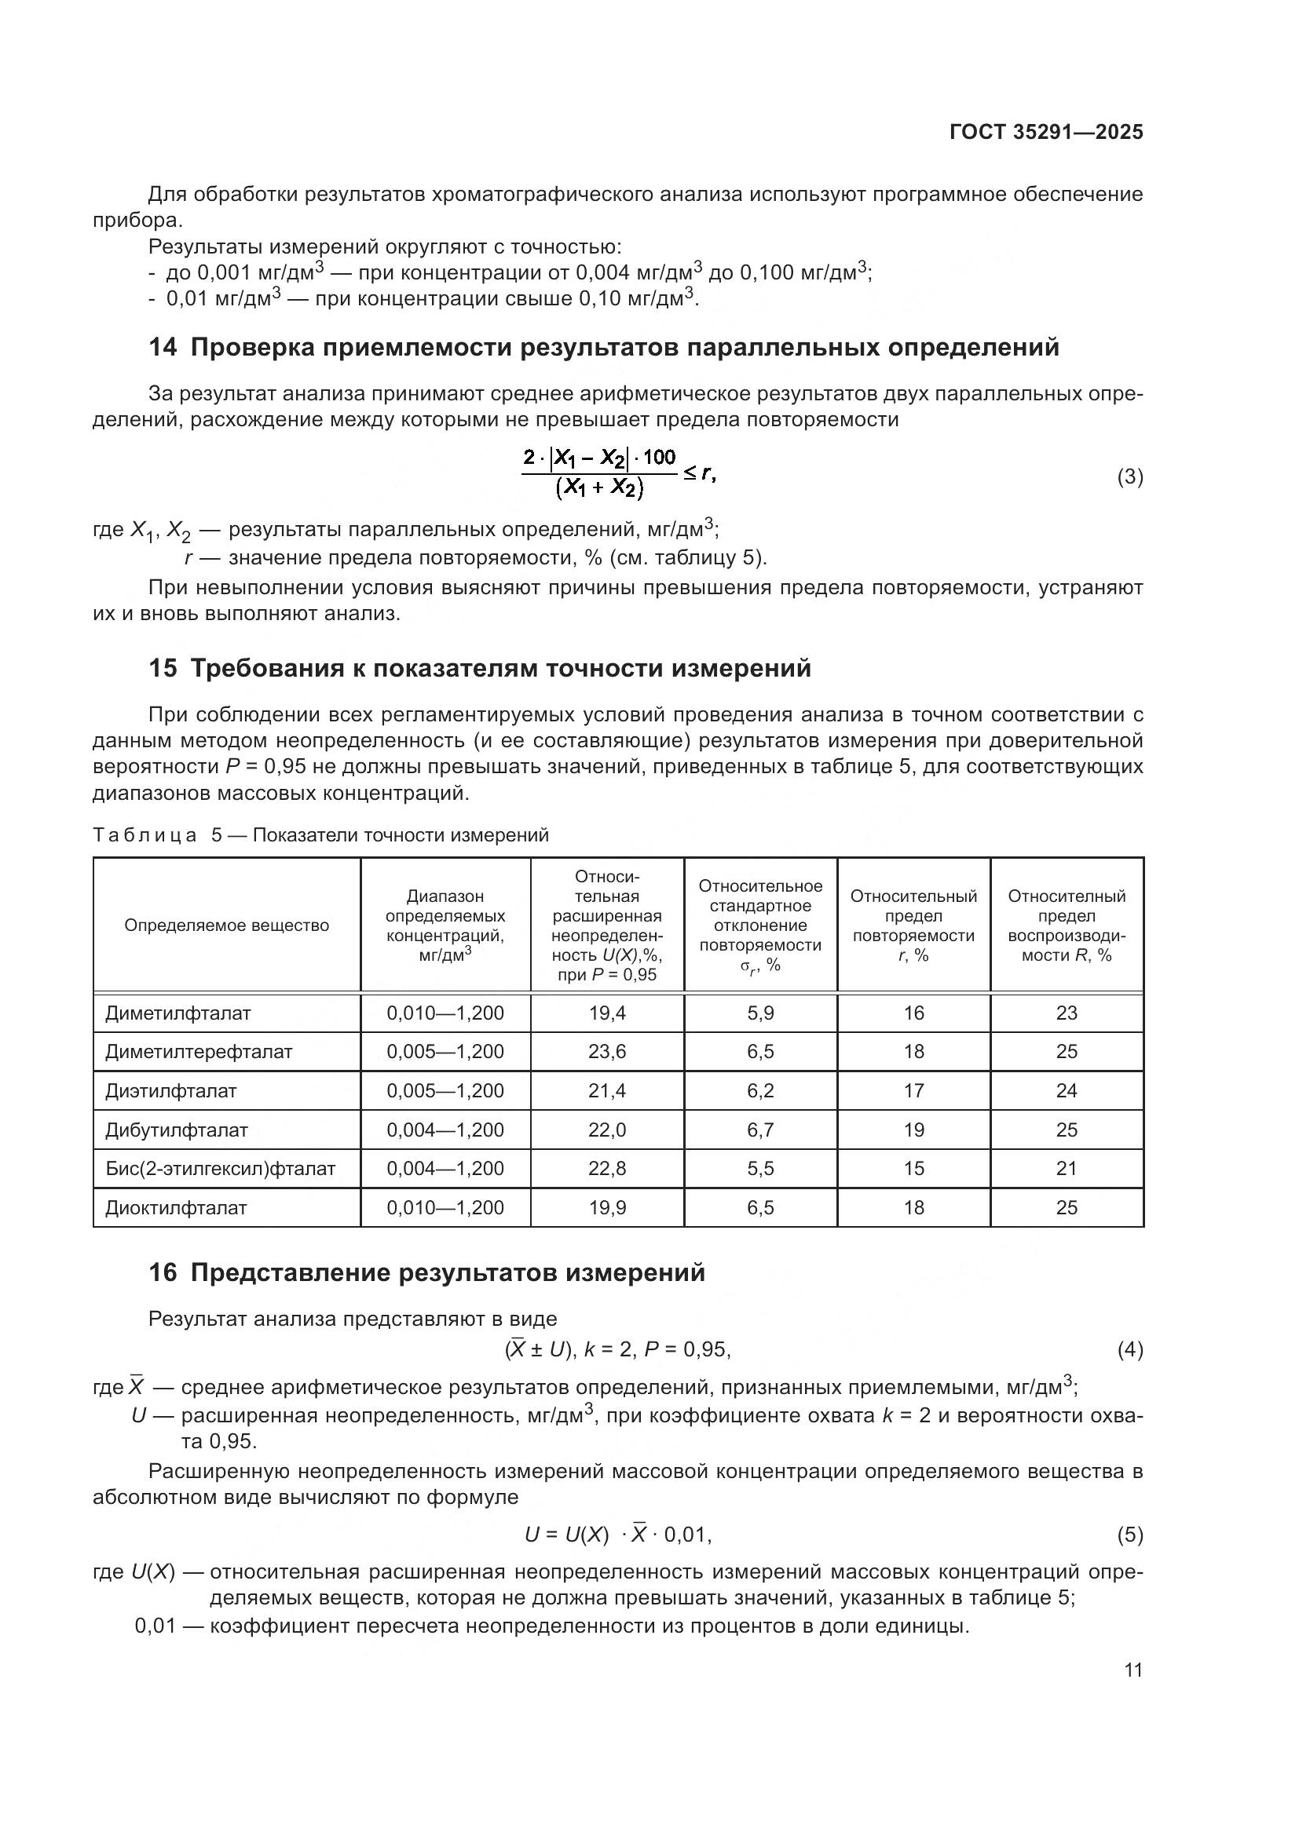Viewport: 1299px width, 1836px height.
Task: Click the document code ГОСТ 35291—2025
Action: pyautogui.click(x=1046, y=132)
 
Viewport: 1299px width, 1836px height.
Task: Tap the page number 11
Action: pyautogui.click(x=1133, y=1670)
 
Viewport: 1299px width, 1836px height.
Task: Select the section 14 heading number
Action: pyautogui.click(x=163, y=348)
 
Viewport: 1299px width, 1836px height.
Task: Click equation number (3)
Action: pyautogui.click(x=1129, y=477)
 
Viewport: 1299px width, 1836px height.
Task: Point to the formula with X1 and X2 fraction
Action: pyautogui.click(x=617, y=473)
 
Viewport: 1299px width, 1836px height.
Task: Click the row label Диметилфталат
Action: pyautogui.click(x=177, y=1013)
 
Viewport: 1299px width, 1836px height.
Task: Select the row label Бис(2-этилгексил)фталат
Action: pyautogui.click(x=220, y=1168)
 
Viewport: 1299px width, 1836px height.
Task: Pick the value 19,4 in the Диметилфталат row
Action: pyautogui.click(x=607, y=1013)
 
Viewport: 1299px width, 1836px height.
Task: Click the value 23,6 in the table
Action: pyautogui.click(x=607, y=1052)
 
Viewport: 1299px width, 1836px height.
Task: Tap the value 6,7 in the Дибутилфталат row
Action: pyautogui.click(x=760, y=1130)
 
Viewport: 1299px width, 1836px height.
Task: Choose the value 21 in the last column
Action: pyautogui.click(x=1067, y=1168)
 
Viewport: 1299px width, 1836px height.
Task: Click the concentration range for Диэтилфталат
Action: pyautogui.click(x=445, y=1091)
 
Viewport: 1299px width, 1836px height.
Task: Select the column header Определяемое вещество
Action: pyautogui.click(x=226, y=925)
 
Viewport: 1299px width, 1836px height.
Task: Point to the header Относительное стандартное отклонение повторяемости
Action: pyautogui.click(x=760, y=925)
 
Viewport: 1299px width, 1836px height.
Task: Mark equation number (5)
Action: pyautogui.click(x=1129, y=1535)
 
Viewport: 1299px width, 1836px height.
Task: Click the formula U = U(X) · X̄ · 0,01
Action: pyautogui.click(x=617, y=1535)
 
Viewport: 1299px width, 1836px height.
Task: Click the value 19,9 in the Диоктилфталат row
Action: pyautogui.click(x=607, y=1207)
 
